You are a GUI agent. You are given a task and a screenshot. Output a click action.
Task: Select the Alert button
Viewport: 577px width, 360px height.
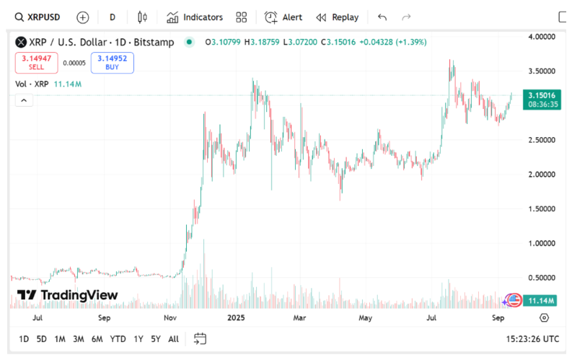coord(283,17)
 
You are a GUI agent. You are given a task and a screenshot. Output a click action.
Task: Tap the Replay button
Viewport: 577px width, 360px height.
coord(337,17)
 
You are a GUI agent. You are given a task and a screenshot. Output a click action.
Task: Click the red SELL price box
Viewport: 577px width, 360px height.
coord(36,62)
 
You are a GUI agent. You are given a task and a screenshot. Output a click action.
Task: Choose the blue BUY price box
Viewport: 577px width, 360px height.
coord(112,62)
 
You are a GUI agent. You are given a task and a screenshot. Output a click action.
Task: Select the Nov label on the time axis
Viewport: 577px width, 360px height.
coord(170,317)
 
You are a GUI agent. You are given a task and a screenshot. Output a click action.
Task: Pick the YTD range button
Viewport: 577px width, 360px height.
coord(118,338)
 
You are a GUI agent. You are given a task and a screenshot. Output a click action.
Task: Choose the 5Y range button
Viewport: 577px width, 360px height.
coord(156,338)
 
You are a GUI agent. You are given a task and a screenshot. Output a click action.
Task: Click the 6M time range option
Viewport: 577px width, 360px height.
coord(97,338)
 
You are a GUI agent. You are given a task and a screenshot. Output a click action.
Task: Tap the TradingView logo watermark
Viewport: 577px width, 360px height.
coord(68,295)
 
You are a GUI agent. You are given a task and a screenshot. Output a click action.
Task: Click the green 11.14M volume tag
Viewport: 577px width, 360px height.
coord(540,300)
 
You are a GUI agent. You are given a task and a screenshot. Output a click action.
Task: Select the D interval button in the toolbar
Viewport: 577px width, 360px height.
coord(113,17)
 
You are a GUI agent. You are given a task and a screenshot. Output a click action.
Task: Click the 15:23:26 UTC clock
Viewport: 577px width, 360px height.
coord(533,338)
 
